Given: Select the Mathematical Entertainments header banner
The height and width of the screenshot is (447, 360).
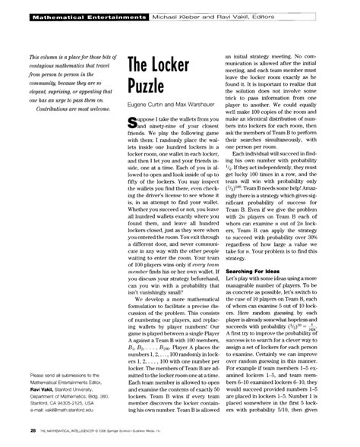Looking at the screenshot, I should [x=76, y=14].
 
